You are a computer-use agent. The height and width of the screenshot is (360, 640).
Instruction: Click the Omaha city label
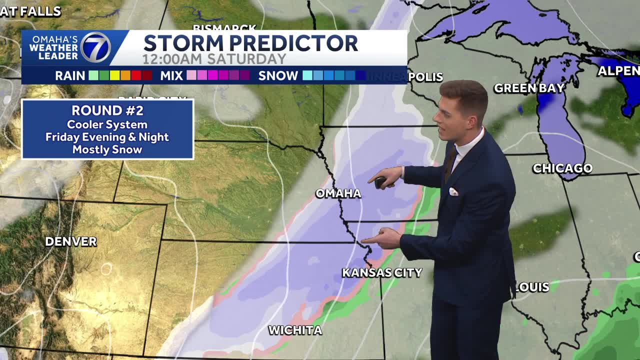click(x=338, y=193)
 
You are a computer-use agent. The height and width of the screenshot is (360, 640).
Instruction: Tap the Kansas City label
click(x=382, y=272)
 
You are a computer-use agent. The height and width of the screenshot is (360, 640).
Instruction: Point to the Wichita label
click(x=295, y=330)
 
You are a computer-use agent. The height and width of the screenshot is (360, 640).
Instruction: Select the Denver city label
click(x=70, y=241)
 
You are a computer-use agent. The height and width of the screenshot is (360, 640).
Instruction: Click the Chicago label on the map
click(x=562, y=168)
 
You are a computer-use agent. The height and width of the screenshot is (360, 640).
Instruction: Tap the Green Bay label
click(x=529, y=88)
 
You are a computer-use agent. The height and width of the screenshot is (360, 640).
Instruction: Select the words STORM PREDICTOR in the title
click(x=250, y=43)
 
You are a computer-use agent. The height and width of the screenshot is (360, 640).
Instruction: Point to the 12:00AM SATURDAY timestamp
click(x=214, y=59)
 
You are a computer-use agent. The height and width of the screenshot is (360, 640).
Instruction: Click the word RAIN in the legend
click(x=70, y=76)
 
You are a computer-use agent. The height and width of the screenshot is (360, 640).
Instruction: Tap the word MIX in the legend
click(x=171, y=76)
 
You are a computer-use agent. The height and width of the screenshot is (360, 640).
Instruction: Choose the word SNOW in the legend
click(x=278, y=76)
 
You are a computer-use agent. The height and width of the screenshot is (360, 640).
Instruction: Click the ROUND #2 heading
click(x=107, y=110)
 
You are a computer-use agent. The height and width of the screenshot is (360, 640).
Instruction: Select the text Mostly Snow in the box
click(x=107, y=149)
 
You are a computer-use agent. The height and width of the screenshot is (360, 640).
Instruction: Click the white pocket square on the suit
click(x=453, y=191)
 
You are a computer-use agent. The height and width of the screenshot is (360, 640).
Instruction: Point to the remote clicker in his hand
click(x=381, y=182)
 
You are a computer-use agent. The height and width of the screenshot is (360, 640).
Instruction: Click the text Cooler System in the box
click(x=107, y=124)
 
